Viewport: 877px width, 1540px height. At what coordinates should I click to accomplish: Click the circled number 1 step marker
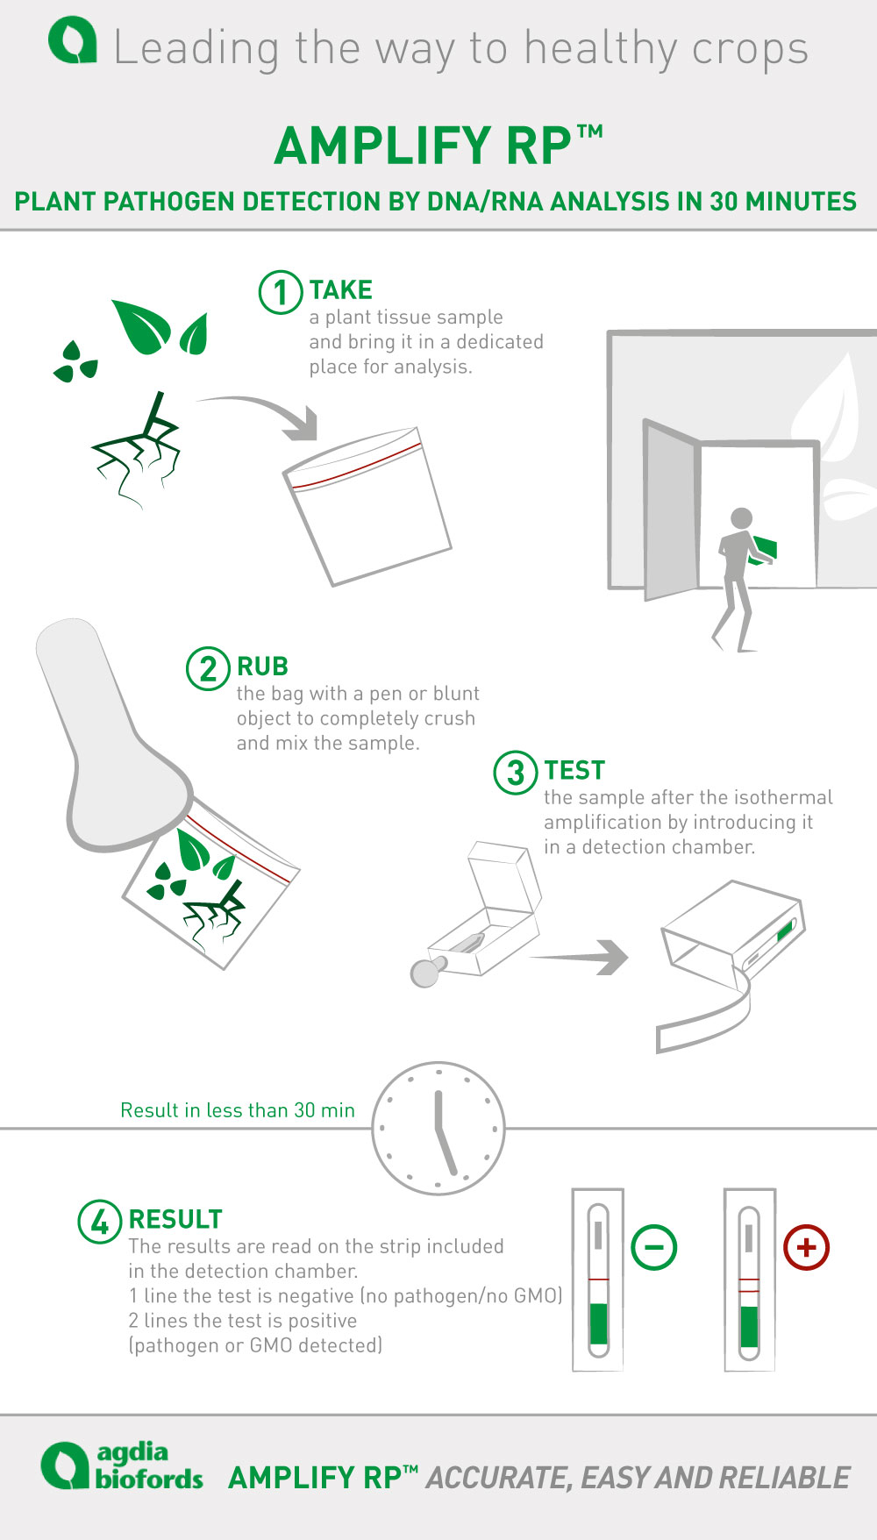point(281,292)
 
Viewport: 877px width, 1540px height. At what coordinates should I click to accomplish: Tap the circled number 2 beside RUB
point(208,668)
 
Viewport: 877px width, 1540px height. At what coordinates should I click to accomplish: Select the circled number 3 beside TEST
point(516,773)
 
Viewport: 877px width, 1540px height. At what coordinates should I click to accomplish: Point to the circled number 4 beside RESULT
point(100,1222)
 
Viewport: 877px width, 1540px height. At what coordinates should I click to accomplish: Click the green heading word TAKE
point(341,290)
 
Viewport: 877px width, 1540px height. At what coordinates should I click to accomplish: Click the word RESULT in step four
point(175,1220)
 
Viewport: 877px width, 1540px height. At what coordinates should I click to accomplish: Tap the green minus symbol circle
point(654,1247)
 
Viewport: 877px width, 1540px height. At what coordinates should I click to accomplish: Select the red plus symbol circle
point(807,1247)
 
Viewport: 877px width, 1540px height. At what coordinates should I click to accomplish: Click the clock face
point(438,1129)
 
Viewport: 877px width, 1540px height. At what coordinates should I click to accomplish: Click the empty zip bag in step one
point(367,506)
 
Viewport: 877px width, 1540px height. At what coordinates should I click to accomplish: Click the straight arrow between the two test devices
point(579,957)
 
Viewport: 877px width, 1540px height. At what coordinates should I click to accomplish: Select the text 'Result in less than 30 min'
point(238,1110)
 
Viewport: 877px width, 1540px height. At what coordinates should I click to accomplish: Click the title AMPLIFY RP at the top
point(438,146)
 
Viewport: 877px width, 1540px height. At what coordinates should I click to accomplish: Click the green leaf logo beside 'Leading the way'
point(72,42)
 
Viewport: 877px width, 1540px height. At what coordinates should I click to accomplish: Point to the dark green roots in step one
point(137,450)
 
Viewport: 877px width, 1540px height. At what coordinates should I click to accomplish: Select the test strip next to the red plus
point(749,1280)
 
